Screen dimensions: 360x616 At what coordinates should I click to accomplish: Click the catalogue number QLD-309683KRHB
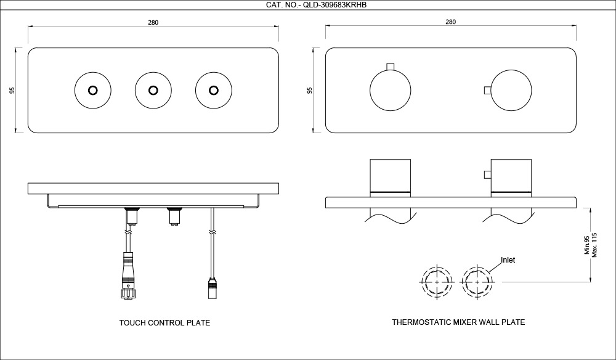[308, 6]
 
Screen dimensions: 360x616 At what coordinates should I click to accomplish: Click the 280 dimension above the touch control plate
[153, 22]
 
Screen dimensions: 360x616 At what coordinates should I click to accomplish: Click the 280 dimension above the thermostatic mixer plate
[450, 22]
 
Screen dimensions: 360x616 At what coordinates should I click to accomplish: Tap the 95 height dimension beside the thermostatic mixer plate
[310, 90]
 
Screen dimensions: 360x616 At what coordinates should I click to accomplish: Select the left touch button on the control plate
[92, 90]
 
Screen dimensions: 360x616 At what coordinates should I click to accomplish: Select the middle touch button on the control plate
[152, 90]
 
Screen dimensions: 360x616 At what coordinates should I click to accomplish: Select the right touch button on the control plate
[213, 90]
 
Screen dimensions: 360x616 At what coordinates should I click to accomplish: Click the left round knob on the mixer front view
[390, 91]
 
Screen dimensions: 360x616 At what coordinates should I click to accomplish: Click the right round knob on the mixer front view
[511, 91]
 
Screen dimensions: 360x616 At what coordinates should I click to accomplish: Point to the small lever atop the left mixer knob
[390, 66]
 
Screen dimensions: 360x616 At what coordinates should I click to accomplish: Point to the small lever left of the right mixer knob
[487, 91]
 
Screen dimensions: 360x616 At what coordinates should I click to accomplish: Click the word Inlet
[508, 260]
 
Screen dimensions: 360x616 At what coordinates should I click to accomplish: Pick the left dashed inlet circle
[437, 282]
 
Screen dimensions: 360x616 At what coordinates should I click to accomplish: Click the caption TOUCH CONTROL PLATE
[164, 322]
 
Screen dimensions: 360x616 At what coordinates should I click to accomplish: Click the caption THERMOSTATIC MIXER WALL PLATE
[458, 322]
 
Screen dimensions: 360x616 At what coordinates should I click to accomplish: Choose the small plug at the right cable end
[213, 287]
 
